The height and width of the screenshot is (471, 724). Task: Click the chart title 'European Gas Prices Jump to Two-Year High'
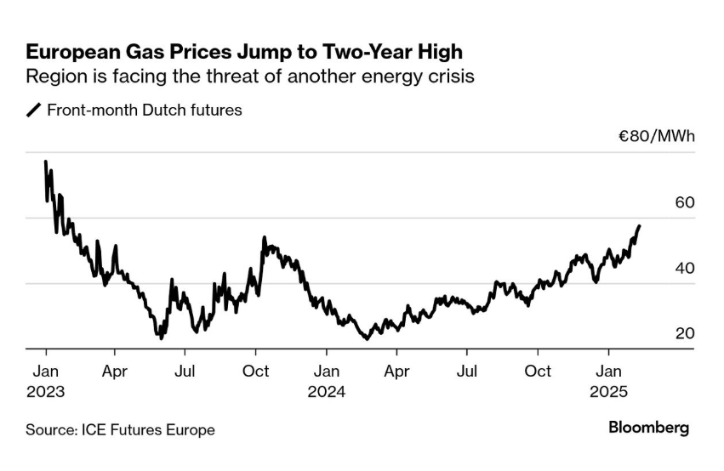[244, 52]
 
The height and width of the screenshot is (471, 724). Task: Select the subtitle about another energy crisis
[249, 77]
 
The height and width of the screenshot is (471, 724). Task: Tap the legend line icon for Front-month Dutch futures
[34, 111]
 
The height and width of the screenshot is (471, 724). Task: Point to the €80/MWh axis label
[657, 136]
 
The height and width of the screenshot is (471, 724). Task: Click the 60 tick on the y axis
[685, 202]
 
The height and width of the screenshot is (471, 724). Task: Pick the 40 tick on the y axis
[685, 268]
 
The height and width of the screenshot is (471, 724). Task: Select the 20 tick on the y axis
[685, 333]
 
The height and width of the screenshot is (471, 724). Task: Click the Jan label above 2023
[45, 372]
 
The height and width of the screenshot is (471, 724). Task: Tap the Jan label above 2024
[326, 372]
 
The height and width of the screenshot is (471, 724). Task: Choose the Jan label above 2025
[607, 372]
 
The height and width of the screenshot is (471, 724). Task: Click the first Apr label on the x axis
[115, 372]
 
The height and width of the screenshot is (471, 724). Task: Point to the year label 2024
[326, 392]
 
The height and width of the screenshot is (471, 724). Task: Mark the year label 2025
[607, 392]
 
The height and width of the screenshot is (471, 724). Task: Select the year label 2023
[45, 392]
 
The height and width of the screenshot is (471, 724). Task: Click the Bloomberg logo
[648, 428]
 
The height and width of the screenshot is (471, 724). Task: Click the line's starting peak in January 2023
[45, 162]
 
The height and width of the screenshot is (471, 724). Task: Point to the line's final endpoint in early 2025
[640, 226]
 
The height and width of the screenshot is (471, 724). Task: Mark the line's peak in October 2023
[264, 238]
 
